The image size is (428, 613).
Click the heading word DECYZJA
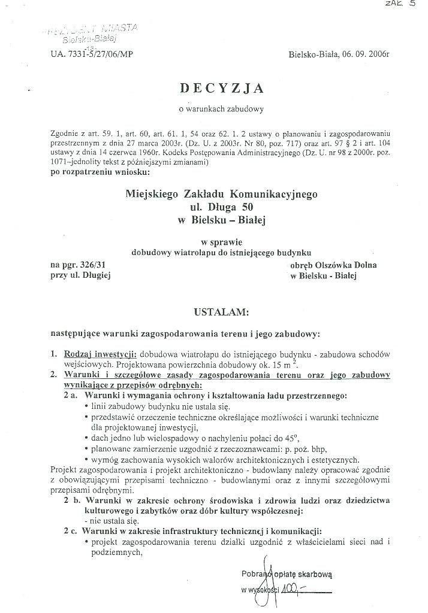pyautogui.click(x=221, y=88)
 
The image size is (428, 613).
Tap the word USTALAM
pyautogui.click(x=216, y=312)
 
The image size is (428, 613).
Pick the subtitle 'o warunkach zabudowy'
pyautogui.click(x=221, y=108)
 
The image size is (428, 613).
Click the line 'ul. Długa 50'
pyautogui.click(x=221, y=207)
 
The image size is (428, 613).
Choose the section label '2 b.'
pyautogui.click(x=73, y=499)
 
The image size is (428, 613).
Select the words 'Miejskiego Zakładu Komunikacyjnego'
pyautogui.click(x=221, y=194)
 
